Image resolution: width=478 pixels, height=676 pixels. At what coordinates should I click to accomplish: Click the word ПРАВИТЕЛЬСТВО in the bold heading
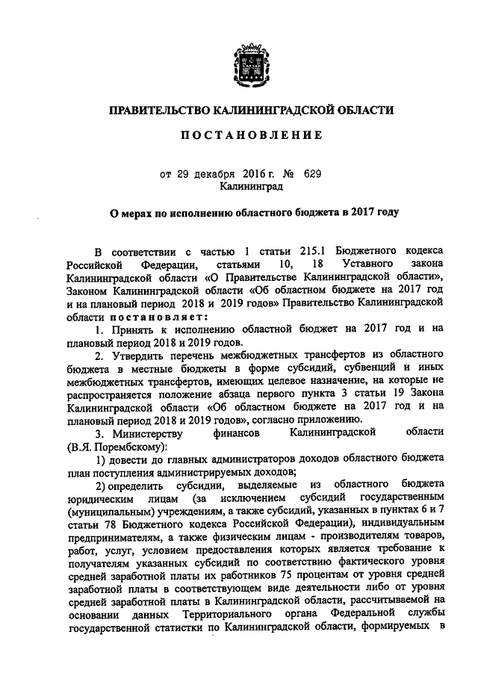tap(156, 110)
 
